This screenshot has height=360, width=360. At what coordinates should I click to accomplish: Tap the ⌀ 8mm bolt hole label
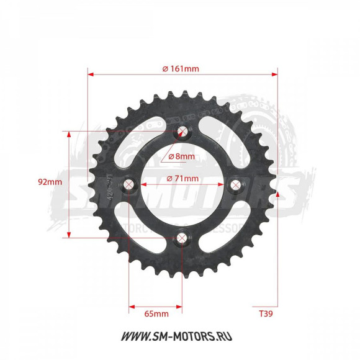(x=181, y=156)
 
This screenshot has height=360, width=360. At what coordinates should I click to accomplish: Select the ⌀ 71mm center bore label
(x=182, y=179)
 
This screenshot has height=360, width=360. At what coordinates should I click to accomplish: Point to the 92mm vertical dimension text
(x=50, y=182)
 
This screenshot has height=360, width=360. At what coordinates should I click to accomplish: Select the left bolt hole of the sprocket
(x=129, y=184)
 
